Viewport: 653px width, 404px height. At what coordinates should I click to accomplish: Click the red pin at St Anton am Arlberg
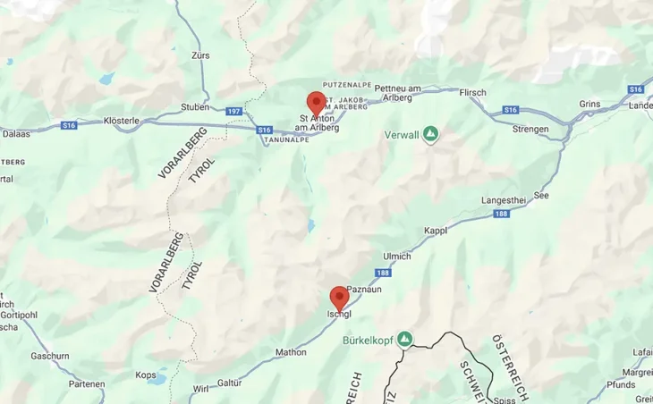315,102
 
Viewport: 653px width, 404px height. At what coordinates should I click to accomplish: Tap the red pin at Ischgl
339,297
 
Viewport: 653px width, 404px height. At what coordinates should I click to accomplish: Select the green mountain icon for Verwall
431,134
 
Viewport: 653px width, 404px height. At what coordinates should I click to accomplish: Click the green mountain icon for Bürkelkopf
405,340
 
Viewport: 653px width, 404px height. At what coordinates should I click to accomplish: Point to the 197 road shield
234,111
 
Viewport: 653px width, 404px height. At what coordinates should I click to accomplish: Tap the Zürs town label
200,55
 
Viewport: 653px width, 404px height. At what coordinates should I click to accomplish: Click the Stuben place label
195,107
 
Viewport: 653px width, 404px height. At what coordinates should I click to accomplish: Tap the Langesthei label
502,200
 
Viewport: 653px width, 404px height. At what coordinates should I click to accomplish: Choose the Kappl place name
436,230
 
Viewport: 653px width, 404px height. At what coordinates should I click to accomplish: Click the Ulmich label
395,256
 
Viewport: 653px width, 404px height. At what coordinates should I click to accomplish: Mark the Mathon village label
291,352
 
